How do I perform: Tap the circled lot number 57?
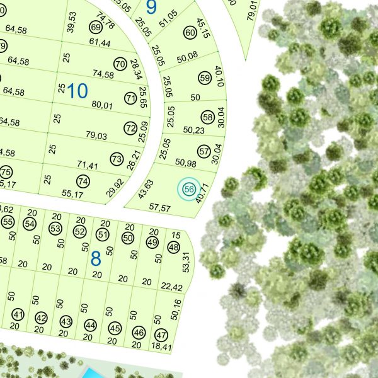pyautogui.click(x=203, y=152)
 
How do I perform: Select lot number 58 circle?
pyautogui.click(x=207, y=117)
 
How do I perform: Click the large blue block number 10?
pyautogui.click(x=77, y=91)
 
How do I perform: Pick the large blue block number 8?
pyautogui.click(x=96, y=258)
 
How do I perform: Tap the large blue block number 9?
pyautogui.click(x=151, y=7)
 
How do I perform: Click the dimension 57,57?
pyautogui.click(x=161, y=207)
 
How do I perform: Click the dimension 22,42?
pyautogui.click(x=171, y=288)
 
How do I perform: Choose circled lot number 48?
pyautogui.click(x=174, y=248)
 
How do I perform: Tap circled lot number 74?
pyautogui.click(x=83, y=181)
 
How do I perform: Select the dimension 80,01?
pyautogui.click(x=102, y=105)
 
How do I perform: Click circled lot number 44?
pyautogui.click(x=91, y=326)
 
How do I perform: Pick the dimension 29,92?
pyautogui.click(x=115, y=188)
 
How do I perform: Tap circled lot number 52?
pyautogui.click(x=79, y=232)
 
